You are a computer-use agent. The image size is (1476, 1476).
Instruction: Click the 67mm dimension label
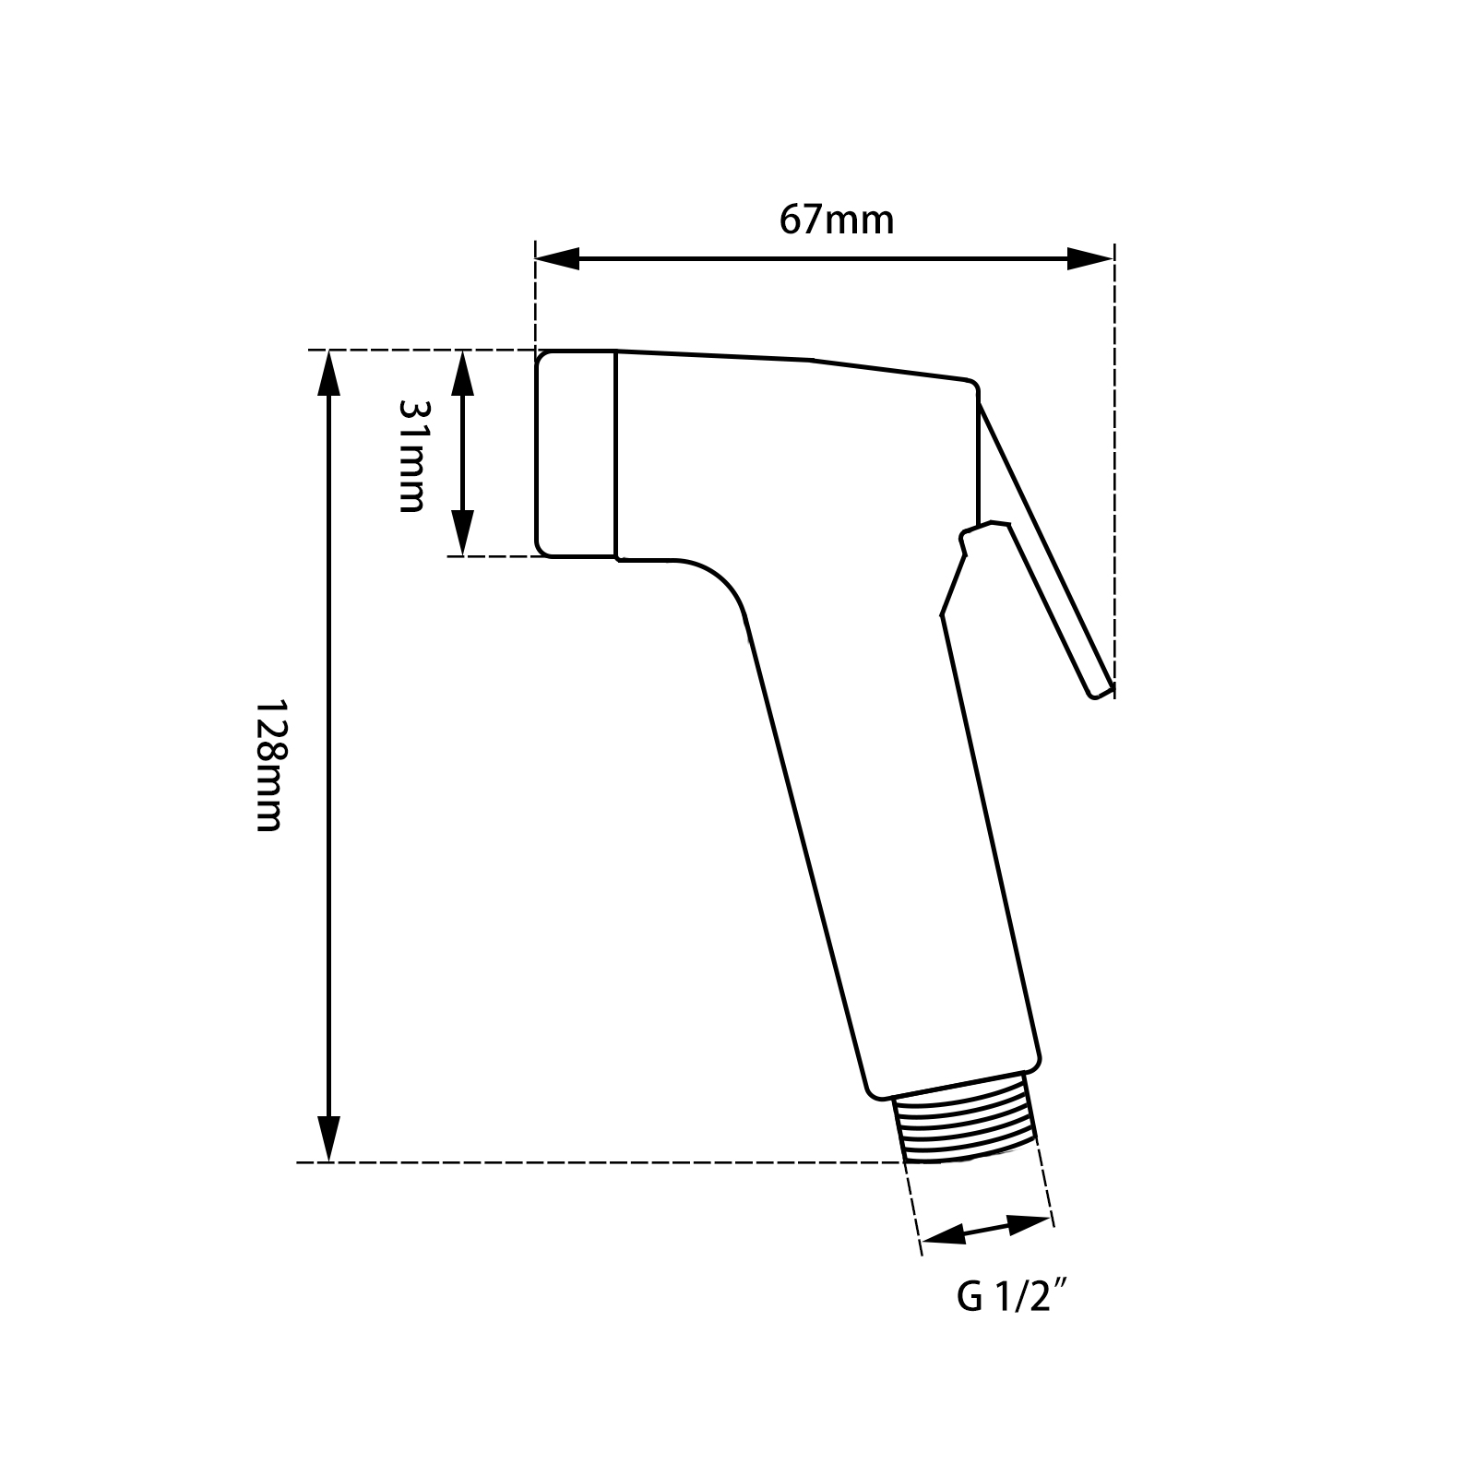pos(837,221)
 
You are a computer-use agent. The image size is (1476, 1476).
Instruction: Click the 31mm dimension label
pos(411,455)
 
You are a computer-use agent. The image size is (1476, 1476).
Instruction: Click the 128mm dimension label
pos(268,765)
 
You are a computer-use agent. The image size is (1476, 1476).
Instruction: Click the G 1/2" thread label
pos(1012,1298)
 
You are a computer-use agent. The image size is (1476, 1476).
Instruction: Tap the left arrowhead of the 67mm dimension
pos(557,259)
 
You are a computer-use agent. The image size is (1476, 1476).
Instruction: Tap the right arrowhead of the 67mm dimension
pos(1090,259)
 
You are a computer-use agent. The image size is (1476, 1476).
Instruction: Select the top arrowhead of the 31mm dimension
pos(462,373)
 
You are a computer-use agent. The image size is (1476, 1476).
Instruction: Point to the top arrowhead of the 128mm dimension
pos(328,375)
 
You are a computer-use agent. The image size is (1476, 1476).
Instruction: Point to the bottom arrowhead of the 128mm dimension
pos(328,1139)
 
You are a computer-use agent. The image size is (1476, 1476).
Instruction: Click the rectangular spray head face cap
pos(577,454)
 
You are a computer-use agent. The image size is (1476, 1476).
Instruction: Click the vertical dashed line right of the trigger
pos(1114,461)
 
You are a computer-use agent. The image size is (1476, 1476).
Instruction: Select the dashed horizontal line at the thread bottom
pos(600,1162)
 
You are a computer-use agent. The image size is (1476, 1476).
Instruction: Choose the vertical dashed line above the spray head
pos(535,295)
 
